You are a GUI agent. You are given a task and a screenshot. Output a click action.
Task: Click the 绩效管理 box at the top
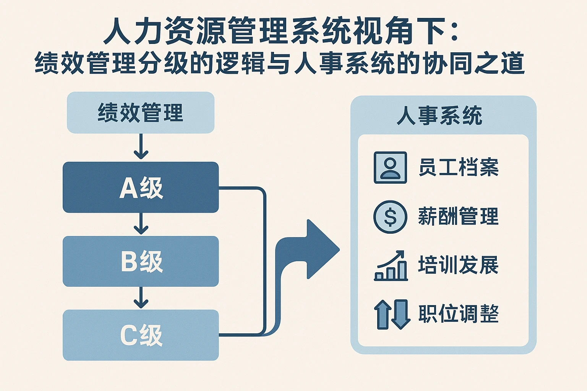click(140, 113)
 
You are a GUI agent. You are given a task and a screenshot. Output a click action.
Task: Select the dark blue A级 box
click(140, 187)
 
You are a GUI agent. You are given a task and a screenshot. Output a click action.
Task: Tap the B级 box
click(140, 261)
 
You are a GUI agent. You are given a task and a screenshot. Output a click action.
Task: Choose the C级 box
click(140, 335)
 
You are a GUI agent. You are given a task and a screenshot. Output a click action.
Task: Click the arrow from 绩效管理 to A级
click(141, 147)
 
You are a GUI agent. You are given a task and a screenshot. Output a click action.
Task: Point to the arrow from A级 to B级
click(141, 224)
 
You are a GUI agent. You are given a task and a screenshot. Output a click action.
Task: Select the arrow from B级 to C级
click(141, 298)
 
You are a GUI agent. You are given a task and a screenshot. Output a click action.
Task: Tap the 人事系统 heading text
click(439, 115)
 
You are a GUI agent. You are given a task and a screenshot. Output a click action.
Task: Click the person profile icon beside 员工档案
click(390, 167)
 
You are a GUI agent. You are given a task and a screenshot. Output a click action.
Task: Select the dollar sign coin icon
click(390, 217)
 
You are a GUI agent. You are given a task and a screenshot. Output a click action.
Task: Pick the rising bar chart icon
click(391, 266)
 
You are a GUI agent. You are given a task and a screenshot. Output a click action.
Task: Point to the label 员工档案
click(458, 167)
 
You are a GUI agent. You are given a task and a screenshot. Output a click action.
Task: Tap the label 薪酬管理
click(458, 217)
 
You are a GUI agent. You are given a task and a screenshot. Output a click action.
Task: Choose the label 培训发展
click(458, 265)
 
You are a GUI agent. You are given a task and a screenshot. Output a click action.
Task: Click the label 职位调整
click(458, 314)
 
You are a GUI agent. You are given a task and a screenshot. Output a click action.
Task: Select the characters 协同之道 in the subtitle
click(473, 63)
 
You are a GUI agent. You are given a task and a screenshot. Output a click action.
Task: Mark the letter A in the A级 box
click(128, 188)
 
